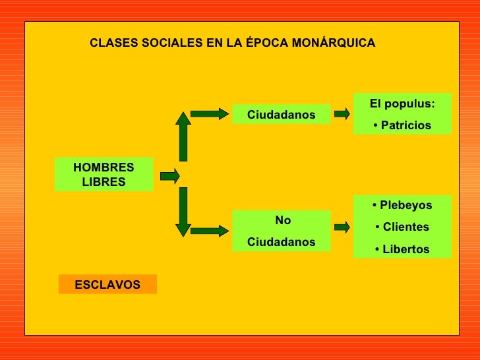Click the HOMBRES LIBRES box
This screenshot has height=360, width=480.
click(104, 175)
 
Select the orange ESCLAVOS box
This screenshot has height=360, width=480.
click(107, 284)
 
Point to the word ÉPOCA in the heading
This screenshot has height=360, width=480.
click(262, 43)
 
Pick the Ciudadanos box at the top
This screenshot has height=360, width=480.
click(281, 115)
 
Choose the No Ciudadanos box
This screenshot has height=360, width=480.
click(281, 231)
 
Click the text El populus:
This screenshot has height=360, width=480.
click(402, 104)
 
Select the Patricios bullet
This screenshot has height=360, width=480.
click(402, 125)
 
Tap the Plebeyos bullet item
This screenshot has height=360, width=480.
click(402, 205)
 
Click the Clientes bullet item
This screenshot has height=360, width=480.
click(402, 227)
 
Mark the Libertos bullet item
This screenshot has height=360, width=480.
click(402, 249)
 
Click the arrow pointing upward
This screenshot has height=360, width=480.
click(183, 136)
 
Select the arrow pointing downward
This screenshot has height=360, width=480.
click(183, 212)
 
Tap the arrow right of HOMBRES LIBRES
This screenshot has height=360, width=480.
click(169, 176)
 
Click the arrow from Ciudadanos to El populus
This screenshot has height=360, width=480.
click(342, 114)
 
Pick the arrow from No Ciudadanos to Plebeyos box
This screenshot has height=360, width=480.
click(342, 227)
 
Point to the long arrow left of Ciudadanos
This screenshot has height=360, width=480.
click(209, 114)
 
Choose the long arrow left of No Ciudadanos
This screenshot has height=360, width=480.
click(209, 231)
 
